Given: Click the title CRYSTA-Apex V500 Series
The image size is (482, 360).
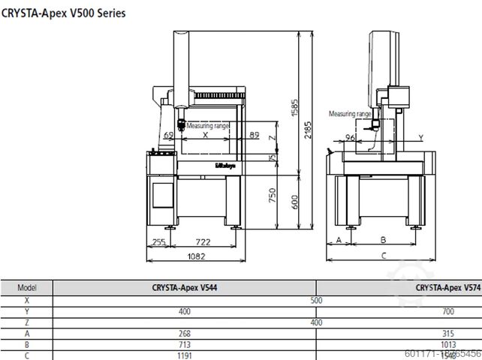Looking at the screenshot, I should coord(64,13).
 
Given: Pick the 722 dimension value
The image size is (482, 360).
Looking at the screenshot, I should coord(202,242).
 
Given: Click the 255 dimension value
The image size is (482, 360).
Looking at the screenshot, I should coord(158,242).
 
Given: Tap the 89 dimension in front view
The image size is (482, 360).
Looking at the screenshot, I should coord(255,135).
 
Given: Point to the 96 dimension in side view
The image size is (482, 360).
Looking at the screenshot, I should coord(349,137).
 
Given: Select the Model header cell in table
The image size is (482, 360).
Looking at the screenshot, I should coord(27,287).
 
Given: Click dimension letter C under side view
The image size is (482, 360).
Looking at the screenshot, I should coord(383,256).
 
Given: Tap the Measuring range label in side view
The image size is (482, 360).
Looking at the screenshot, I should coord(349,113).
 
